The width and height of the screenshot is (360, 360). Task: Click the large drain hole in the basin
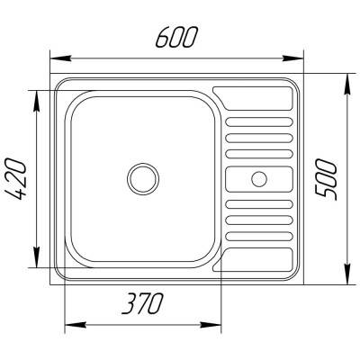[x=142, y=176]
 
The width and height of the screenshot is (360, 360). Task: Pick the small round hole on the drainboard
[x=260, y=176]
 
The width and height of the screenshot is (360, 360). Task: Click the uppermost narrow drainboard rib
[x=259, y=121]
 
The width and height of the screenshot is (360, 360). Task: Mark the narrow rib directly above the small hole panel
[x=259, y=154]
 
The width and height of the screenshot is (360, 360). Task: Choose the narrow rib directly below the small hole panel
[x=259, y=203]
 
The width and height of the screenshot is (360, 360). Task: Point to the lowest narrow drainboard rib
[x=259, y=236]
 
